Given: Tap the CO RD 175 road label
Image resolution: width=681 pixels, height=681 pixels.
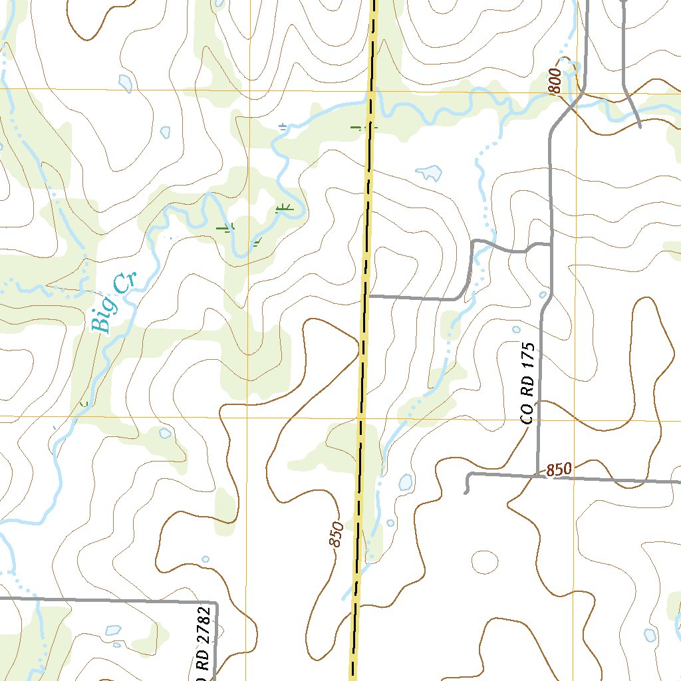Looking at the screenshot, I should pyautogui.click(x=528, y=383).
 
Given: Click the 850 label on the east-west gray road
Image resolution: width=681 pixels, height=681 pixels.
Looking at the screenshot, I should pyautogui.click(x=559, y=470).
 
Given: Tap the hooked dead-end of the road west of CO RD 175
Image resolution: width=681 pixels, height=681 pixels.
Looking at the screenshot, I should pyautogui.click(x=467, y=491).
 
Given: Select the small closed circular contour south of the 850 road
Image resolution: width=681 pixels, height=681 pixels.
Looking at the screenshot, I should pyautogui.click(x=485, y=562).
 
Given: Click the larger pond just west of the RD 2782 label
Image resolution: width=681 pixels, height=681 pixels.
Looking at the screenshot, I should pyautogui.click(x=114, y=630).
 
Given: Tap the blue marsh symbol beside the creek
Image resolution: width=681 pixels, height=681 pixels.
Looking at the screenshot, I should pyautogui.click(x=283, y=125).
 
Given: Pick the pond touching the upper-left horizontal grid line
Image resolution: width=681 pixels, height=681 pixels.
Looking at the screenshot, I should pyautogui.click(x=125, y=82).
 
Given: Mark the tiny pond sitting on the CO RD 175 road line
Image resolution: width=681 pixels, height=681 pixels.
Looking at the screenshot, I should pyautogui.click(x=543, y=294).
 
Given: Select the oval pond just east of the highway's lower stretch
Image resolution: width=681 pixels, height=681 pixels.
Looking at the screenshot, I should pyautogui.click(x=404, y=482).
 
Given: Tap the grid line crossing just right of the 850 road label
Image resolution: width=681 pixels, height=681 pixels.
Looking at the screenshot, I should pyautogui.click(x=573, y=476).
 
